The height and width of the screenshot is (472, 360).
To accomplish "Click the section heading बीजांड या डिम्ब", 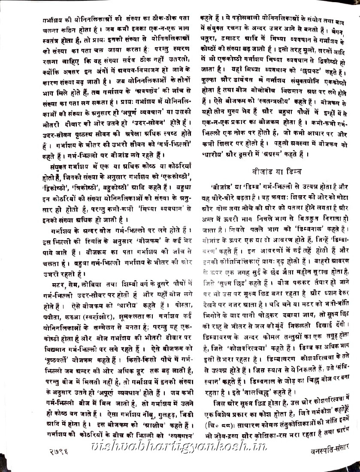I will (x=277, y=172).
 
